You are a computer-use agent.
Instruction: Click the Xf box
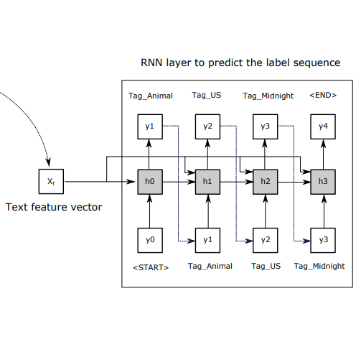pos(51,182)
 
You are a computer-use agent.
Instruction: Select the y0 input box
pos(149,239)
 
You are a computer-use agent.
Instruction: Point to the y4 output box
pos(323,126)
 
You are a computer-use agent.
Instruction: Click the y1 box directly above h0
pos(149,126)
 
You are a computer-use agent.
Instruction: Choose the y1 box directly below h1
pos(207,239)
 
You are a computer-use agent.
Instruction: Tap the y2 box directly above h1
pos(207,126)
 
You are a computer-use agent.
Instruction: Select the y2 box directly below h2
pos(265,239)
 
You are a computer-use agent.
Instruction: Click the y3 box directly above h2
pos(265,126)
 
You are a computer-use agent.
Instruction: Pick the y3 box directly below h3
pos(323,239)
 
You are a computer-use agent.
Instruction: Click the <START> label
pos(151,267)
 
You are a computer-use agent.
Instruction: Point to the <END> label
pos(323,96)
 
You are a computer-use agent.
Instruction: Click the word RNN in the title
pos(152,63)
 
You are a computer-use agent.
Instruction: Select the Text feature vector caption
pos(54,208)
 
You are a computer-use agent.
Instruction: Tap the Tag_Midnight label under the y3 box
pos(319,266)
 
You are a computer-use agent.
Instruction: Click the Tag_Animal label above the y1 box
pos(150,96)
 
